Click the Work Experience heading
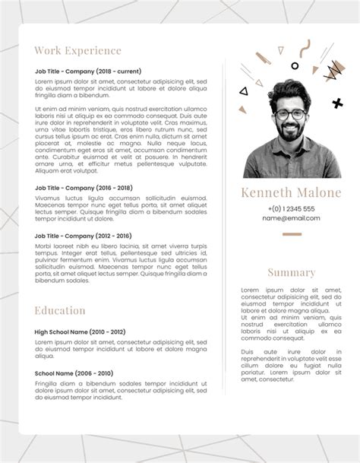(x=77, y=51)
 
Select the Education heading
(x=60, y=310)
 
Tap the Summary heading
(x=291, y=272)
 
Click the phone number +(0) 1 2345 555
(x=291, y=208)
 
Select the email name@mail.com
(x=291, y=218)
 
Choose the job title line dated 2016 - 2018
(x=84, y=187)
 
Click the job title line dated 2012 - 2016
(x=83, y=236)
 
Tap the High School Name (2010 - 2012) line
(x=80, y=332)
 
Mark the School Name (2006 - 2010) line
(x=74, y=373)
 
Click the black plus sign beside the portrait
(x=336, y=102)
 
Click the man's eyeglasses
(x=291, y=116)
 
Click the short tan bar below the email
(x=292, y=234)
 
